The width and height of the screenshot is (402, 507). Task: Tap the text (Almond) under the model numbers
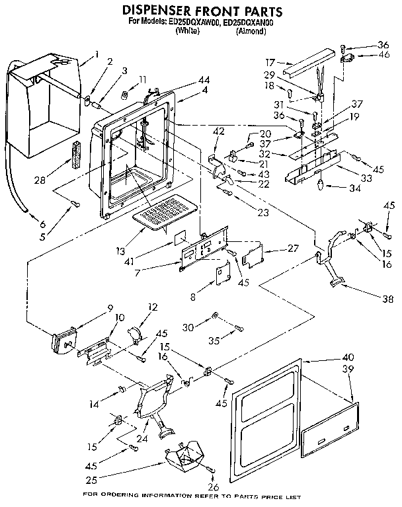pos(251,30)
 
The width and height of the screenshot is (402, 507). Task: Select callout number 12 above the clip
pos(153,307)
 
